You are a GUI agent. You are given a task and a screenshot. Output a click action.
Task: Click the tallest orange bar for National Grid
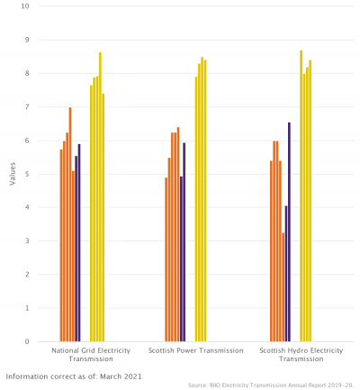(70, 225)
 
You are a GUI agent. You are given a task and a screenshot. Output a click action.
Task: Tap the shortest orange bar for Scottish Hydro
(283, 287)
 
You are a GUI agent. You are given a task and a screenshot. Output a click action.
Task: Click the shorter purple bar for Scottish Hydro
(286, 274)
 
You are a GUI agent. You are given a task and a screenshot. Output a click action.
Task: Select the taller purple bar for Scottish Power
(184, 242)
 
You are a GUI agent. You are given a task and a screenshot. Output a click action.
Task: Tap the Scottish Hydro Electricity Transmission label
(301, 354)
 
